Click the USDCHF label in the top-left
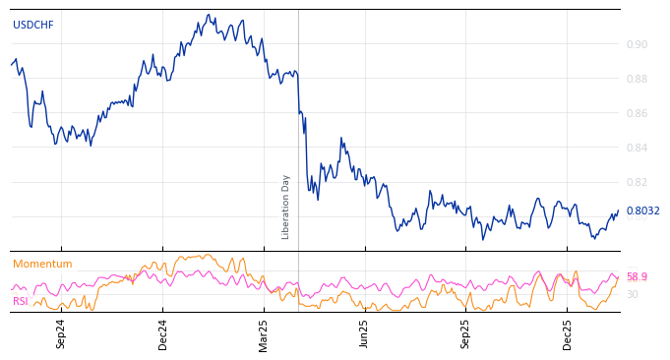[32, 25]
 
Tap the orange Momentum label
[42, 264]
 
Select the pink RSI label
[21, 301]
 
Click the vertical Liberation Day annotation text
[286, 207]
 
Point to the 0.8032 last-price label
[642, 210]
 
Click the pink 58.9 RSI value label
[637, 276]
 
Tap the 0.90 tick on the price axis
[637, 44]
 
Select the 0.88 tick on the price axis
[637, 79]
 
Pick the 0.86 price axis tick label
[637, 113]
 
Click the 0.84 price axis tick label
[637, 148]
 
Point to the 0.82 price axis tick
[637, 182]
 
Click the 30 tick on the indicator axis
[633, 294]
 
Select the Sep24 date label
[61, 333]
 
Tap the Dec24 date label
[163, 333]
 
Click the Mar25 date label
[264, 333]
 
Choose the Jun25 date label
[365, 333]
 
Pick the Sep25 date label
[466, 333]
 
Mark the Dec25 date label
[568, 333]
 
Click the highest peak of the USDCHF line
[209, 15]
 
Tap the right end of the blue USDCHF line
[619, 210]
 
